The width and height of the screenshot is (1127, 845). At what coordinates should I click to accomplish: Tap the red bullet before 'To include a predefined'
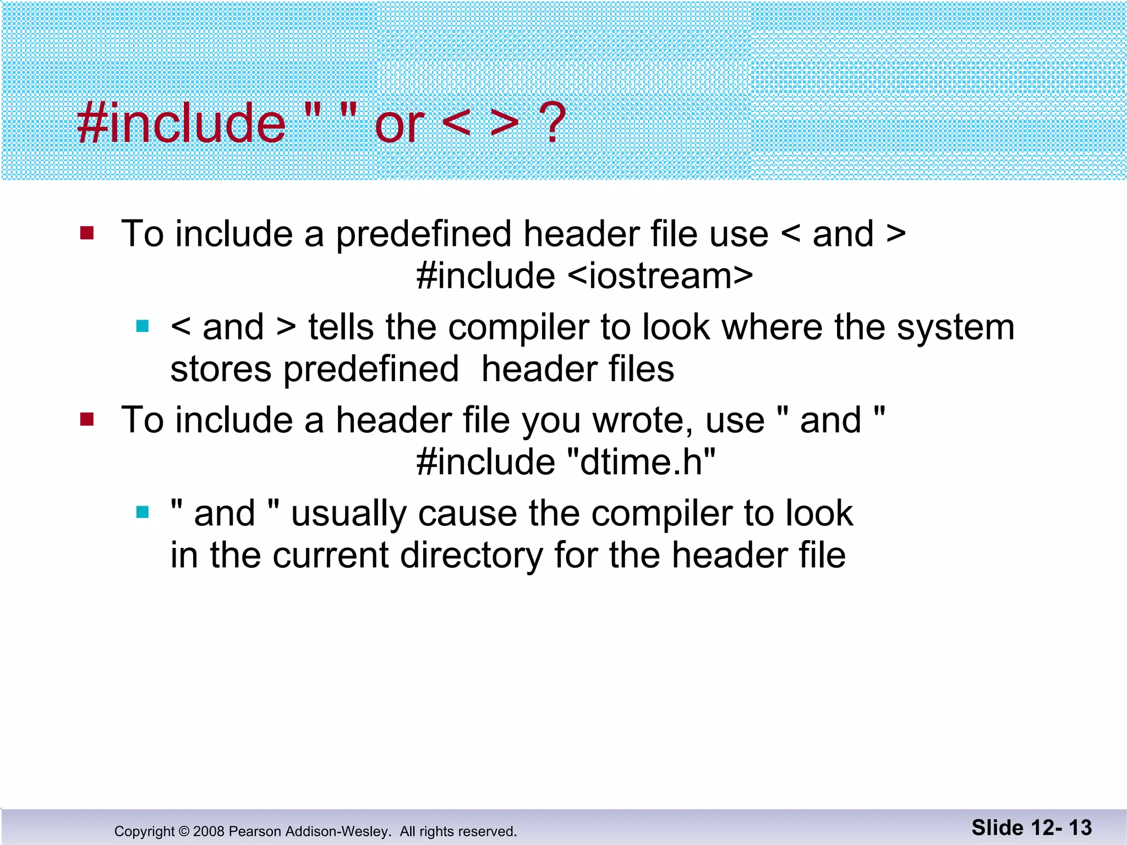(87, 233)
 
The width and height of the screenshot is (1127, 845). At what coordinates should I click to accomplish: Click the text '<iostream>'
(660, 276)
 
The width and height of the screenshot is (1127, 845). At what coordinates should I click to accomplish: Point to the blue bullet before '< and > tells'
(143, 326)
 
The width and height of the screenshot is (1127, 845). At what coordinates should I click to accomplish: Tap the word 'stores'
(221, 369)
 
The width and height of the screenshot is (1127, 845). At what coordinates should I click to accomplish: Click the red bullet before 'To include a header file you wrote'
(87, 420)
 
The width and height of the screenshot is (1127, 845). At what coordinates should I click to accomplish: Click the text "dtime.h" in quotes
(641, 462)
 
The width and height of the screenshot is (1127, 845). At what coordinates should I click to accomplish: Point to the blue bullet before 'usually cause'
(143, 513)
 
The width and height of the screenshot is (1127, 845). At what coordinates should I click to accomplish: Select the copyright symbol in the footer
(184, 831)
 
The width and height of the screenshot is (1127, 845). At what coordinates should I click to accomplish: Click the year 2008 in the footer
(209, 831)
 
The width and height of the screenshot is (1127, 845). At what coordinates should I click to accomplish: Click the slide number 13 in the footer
(1080, 828)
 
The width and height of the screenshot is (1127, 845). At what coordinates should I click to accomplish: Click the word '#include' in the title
(182, 124)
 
